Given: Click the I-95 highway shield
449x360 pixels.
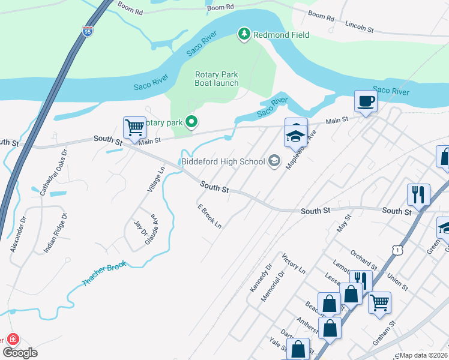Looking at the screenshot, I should pyautogui.click(x=88, y=32).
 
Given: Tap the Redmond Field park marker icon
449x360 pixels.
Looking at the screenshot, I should pyautogui.click(x=244, y=34).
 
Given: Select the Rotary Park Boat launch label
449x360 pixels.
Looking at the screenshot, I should pyautogui.click(x=217, y=79).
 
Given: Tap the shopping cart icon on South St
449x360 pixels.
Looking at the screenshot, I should pyautogui.click(x=134, y=127).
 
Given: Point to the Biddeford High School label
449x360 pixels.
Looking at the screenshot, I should pyautogui.click(x=222, y=161).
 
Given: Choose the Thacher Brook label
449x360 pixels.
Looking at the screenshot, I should pyautogui.click(x=104, y=275).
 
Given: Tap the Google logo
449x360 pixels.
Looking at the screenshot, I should pyautogui.click(x=20, y=353).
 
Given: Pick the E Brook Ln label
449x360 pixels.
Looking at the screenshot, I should pyautogui.click(x=210, y=217).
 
